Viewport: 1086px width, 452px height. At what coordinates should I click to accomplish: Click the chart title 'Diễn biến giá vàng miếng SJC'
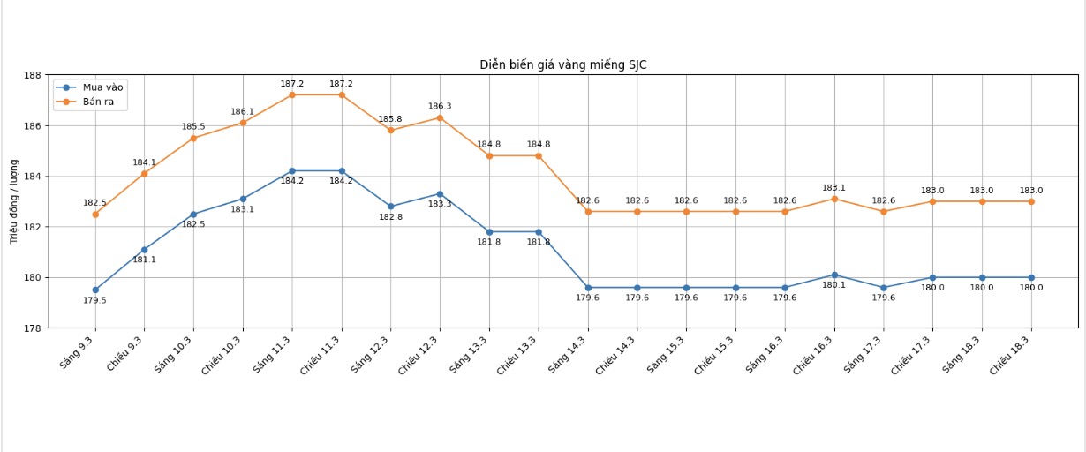coord(562,64)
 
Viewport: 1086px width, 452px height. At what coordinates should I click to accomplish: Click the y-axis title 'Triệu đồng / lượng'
coord(14,201)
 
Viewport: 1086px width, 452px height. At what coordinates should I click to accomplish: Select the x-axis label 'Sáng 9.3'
coord(78,352)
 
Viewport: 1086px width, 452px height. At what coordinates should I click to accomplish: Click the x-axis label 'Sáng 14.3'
coord(568,354)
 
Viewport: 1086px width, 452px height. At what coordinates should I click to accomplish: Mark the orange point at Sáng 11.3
coord(292,94)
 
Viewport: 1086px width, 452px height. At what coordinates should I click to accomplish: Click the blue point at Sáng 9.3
coord(95,290)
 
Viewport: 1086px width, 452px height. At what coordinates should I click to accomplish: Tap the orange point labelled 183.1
coord(834,199)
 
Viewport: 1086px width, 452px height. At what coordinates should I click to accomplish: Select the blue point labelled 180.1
coord(834,275)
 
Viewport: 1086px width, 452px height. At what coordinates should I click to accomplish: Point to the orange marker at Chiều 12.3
coord(440,117)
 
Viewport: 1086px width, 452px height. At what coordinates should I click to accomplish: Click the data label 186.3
coord(440,107)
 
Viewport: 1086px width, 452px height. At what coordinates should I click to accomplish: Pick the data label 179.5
coord(94,301)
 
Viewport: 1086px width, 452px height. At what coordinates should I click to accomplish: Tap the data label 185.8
coord(390,119)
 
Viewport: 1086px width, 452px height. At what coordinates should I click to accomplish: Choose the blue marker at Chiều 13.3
coord(539,232)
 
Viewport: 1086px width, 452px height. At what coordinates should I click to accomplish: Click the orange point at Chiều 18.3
coord(1031,201)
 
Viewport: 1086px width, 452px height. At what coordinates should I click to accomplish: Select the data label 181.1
coord(144,260)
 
